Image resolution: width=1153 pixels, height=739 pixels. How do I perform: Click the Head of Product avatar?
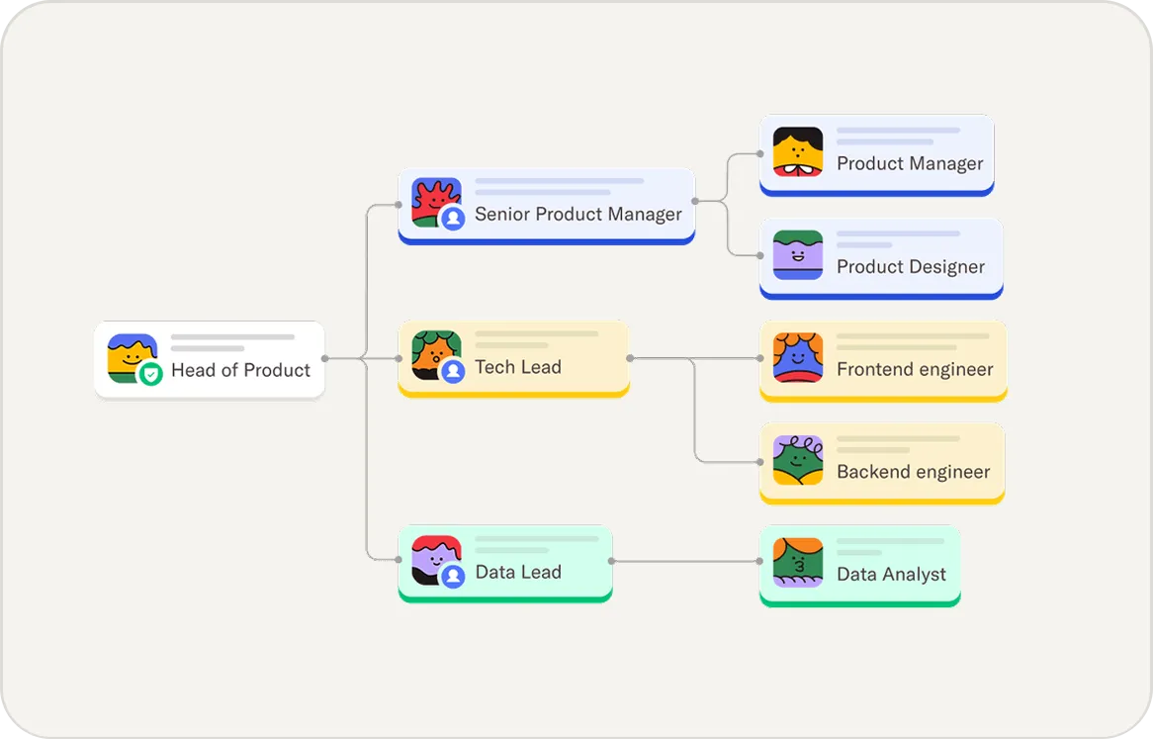coord(132,357)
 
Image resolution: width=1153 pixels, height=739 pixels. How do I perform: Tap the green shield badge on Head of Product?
coord(150,374)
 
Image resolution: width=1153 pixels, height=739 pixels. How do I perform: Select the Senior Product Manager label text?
coord(578,214)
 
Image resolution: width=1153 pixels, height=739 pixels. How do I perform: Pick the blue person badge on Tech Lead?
coord(453,371)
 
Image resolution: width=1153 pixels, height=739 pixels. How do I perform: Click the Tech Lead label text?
coord(518,367)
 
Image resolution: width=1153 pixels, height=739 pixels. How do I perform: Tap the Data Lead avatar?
coord(435,559)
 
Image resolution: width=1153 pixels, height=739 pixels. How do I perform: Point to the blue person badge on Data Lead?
coord(453,576)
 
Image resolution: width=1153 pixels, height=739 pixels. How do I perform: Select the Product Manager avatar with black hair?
coord(798,151)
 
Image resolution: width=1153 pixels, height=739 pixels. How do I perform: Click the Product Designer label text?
coord(911,266)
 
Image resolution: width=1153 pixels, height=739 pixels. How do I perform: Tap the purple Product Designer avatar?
coord(798,254)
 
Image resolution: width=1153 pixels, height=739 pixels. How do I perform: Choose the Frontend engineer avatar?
coord(798,357)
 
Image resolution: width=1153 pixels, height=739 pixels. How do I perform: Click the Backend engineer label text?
coord(914,472)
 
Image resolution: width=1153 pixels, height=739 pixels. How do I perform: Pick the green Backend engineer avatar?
coord(798,460)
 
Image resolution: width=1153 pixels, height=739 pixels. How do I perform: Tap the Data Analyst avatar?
coord(798,562)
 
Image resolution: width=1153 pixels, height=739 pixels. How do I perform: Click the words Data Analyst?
coord(891,574)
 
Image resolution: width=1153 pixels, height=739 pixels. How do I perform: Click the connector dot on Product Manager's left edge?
coord(760,153)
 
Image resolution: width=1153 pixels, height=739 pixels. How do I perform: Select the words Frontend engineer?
coord(915,369)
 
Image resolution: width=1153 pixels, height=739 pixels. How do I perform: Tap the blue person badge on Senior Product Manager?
coord(453,219)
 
